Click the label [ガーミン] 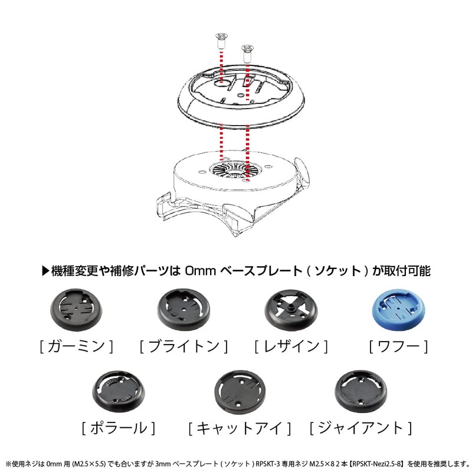75,345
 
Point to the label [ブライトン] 183,345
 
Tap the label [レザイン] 290,345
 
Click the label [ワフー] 398,345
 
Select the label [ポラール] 119,427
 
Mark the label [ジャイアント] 360,427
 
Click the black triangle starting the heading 47,271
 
